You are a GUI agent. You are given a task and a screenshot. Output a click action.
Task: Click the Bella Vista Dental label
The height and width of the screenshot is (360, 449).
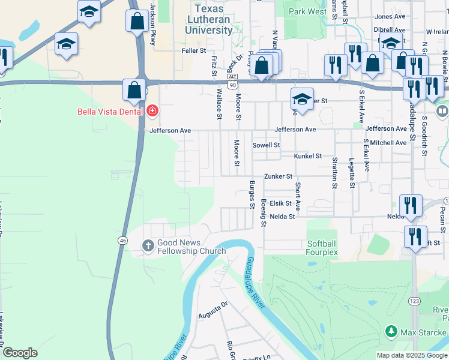point(110,111)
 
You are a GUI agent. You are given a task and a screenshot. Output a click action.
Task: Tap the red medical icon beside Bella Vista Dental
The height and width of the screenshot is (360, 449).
point(152,111)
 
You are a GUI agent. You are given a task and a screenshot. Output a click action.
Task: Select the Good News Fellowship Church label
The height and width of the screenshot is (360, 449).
point(191,247)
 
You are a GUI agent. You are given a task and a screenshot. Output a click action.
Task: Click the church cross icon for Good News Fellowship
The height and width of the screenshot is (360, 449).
point(148,245)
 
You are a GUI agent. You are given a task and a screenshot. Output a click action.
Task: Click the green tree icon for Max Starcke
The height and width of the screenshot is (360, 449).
point(391,331)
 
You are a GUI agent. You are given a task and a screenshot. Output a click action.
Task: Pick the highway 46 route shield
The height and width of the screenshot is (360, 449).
point(122,241)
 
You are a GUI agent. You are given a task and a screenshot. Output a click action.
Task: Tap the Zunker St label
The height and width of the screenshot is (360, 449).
point(279,176)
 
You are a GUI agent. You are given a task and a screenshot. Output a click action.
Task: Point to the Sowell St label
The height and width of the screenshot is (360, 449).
point(266,145)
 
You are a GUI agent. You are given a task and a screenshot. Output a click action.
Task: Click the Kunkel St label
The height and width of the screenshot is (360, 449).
point(308,156)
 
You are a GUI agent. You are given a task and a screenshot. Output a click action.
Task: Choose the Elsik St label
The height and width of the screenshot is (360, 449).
point(280,203)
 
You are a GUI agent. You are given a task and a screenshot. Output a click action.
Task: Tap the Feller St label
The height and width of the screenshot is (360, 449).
point(194,51)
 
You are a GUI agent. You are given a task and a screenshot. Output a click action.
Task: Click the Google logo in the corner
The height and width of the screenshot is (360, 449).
point(20,352)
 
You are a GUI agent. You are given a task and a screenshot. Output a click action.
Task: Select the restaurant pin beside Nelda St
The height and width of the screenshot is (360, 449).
point(410,205)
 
